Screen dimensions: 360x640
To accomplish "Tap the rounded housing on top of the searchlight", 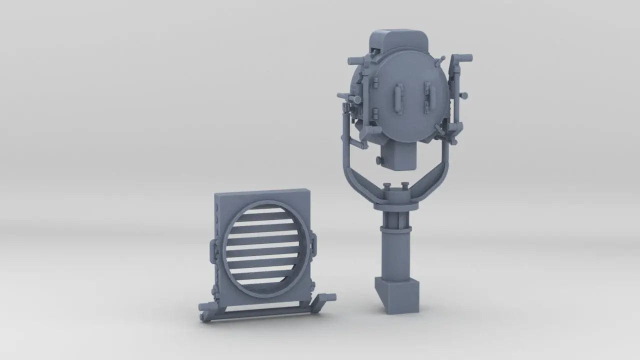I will (400, 40).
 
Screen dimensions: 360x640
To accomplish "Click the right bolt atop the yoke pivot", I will (405, 186).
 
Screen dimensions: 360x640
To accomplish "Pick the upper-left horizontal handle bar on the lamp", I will (358, 60).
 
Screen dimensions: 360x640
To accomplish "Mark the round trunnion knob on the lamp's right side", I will (464, 95).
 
